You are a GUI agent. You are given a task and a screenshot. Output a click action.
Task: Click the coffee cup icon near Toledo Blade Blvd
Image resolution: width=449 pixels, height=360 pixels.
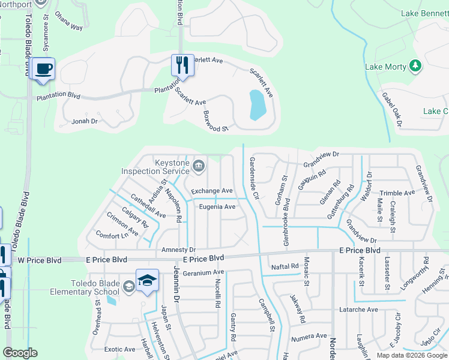[x=42, y=69]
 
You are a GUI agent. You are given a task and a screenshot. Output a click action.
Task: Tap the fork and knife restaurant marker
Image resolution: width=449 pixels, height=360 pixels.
[x=182, y=65]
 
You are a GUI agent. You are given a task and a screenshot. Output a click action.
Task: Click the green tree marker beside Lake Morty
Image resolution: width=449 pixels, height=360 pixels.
[x=415, y=66]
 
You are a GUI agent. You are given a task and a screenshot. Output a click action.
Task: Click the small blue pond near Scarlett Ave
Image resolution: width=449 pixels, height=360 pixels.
[x=256, y=105]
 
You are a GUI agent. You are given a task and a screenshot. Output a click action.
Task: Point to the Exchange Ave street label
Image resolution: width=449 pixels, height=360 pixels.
[x=211, y=191]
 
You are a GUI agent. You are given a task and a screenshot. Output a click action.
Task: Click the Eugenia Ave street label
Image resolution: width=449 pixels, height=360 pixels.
[x=217, y=207]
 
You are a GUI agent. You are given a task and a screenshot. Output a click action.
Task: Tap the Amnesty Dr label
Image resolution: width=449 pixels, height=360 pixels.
[x=178, y=250]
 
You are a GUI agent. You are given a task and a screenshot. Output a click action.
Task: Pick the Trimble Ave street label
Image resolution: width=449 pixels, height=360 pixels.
[x=397, y=193]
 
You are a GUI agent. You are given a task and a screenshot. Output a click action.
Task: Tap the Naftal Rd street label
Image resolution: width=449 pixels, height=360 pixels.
[x=285, y=266]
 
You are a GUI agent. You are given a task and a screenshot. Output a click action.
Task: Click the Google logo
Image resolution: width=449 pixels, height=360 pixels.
[x=20, y=353]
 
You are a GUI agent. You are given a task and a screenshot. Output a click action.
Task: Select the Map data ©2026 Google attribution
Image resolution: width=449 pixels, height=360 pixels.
[x=411, y=355]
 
